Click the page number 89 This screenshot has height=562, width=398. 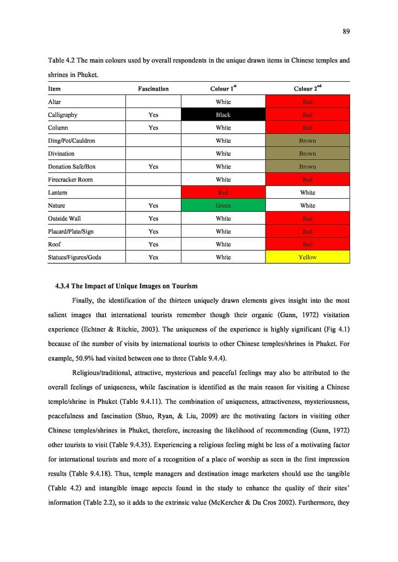346,31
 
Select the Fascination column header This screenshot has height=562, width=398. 153,89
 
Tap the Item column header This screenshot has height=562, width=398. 54,89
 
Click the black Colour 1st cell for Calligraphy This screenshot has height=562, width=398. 223,115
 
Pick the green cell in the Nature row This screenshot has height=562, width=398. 223,205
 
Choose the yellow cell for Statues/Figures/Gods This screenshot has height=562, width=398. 307,257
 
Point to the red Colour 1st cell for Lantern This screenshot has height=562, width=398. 223,193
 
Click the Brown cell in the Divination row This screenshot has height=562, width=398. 307,154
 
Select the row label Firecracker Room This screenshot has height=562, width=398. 70,179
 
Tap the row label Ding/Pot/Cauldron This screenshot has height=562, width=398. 71,140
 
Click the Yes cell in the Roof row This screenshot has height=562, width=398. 153,244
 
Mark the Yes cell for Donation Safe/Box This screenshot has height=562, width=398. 153,166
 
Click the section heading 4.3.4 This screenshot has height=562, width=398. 126,286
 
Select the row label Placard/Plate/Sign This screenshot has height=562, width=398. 71,231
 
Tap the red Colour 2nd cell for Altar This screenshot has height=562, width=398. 307,102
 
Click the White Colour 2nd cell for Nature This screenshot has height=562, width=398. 307,205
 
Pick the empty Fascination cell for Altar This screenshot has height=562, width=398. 153,102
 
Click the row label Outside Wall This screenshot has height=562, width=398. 64,218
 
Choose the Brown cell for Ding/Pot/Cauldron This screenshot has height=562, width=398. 307,140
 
